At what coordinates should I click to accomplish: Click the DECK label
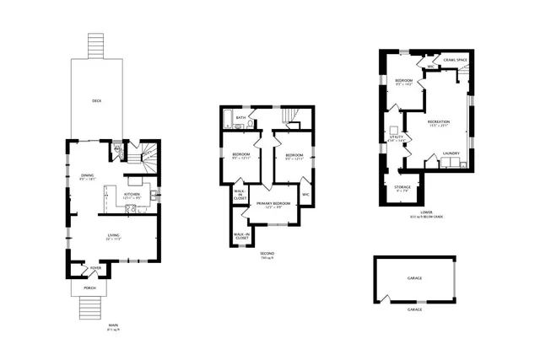(x=97, y=100)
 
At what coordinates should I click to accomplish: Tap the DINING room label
(x=87, y=175)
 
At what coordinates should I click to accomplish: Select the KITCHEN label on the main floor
(x=131, y=193)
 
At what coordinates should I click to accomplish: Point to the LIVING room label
(x=113, y=235)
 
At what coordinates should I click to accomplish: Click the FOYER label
(x=95, y=268)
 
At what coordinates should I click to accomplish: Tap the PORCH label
(x=89, y=288)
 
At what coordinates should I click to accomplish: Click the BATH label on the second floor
(x=240, y=118)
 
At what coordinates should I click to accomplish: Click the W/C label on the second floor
(x=306, y=195)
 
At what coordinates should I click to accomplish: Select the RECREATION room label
(x=439, y=122)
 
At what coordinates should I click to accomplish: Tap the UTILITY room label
(x=397, y=136)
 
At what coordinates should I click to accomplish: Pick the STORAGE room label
(x=402, y=186)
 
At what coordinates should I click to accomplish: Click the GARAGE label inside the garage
(x=414, y=277)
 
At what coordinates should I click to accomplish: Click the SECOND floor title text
(x=267, y=253)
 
